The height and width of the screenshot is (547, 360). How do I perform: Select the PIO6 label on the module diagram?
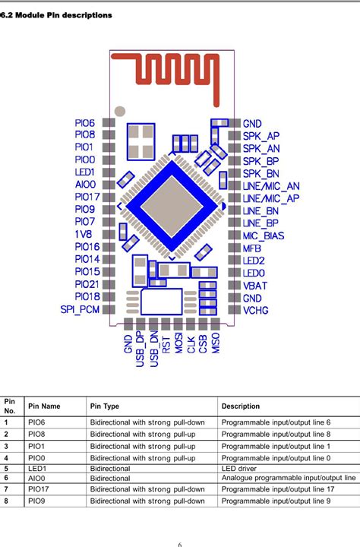(85, 123)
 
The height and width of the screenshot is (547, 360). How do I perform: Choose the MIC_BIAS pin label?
(264, 235)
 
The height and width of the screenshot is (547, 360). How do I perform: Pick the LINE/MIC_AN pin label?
(271, 185)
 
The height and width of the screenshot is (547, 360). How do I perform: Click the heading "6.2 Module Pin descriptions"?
(56, 15)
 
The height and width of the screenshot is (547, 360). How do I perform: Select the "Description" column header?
(241, 406)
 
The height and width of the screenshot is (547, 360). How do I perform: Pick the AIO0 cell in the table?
(37, 478)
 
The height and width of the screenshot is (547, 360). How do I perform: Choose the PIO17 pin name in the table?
(39, 489)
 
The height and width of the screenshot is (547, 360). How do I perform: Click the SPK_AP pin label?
(261, 136)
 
